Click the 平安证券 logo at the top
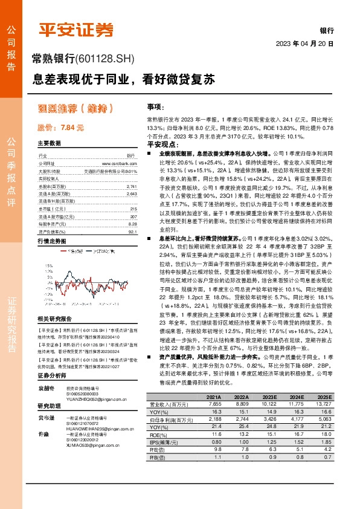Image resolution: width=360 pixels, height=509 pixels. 77,28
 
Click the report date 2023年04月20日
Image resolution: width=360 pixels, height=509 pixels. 304,44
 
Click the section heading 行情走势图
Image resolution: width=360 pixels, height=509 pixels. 51,241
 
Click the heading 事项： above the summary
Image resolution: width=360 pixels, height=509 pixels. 156,106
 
